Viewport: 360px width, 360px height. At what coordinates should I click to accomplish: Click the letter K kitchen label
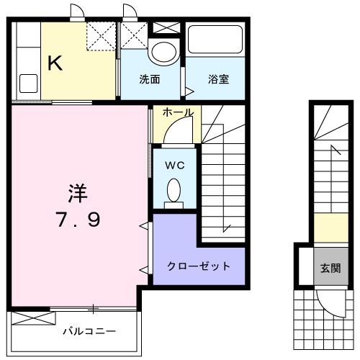pos(55,63)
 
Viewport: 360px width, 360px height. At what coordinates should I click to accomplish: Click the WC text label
pos(175,165)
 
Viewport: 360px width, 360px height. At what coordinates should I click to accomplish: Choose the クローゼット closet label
pos(199,266)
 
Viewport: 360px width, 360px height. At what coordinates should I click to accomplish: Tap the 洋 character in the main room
pos(77,193)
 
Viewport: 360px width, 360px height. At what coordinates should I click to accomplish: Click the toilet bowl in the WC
pos(174,192)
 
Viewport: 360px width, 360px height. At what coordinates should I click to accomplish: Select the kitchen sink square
pos(30,83)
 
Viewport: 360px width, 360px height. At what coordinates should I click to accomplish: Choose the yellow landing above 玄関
pos(329,229)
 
